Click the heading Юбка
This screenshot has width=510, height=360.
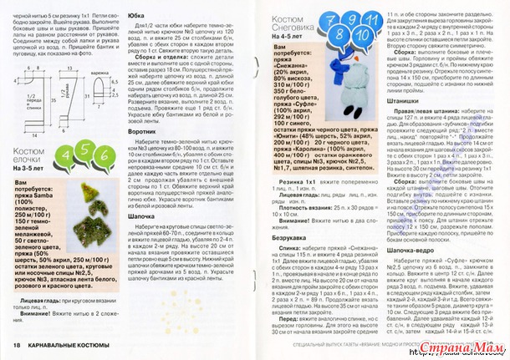tap(138, 15)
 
